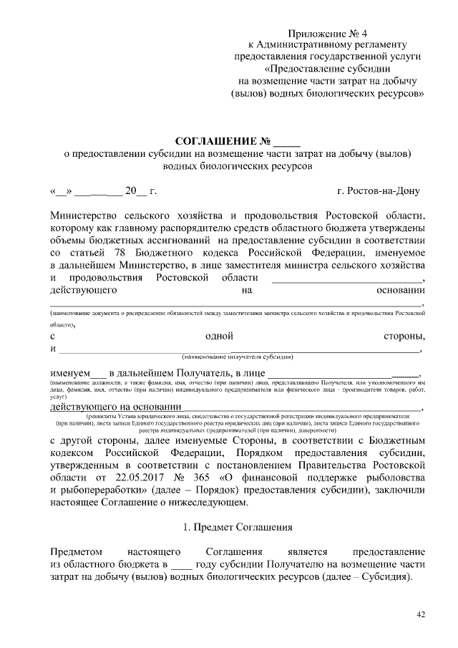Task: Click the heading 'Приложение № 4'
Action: tap(330, 34)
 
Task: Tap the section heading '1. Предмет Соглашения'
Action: tap(236, 528)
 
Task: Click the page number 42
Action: tap(420, 614)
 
